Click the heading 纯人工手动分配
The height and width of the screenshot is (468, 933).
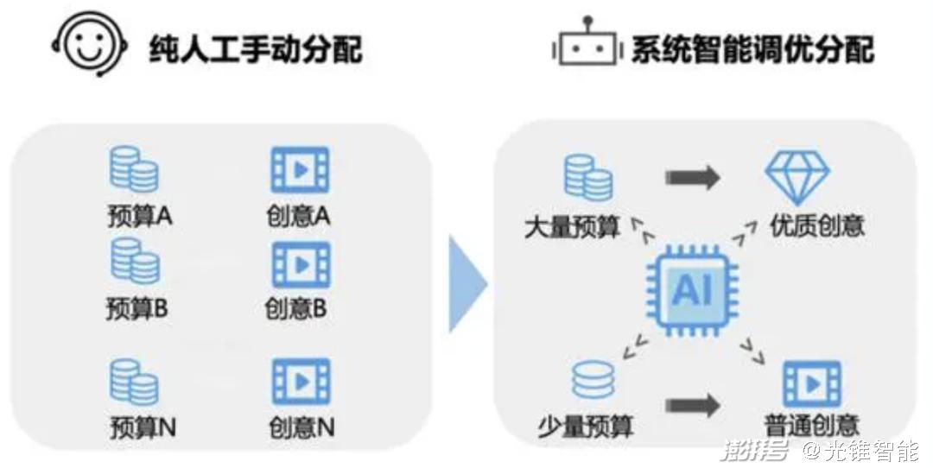coord(255,48)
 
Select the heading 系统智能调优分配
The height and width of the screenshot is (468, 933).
coord(752,48)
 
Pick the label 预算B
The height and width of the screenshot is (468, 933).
coord(136,308)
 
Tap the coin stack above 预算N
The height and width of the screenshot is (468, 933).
coord(134,383)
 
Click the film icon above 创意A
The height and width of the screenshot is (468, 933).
coord(300,169)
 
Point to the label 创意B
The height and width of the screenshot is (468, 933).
coord(295,308)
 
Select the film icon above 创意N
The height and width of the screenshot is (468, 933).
coord(301,382)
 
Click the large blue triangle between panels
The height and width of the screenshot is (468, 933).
coord(467,284)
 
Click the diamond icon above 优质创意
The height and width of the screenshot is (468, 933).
coord(797,178)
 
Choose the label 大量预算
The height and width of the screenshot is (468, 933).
coord(572,227)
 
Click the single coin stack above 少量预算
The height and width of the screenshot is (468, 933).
coord(593,380)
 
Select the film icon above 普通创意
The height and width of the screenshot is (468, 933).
coord(812,383)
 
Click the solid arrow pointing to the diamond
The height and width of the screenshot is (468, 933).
coord(693,177)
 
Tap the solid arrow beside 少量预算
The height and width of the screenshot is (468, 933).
coord(693,406)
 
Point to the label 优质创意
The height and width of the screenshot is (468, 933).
coord(817,226)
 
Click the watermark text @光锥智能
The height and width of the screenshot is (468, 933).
coord(860,452)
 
